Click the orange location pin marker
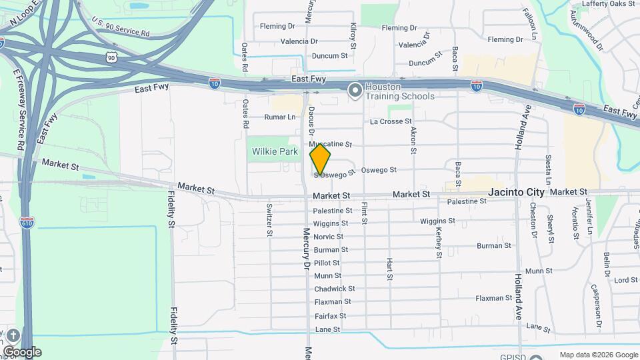321,160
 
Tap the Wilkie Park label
275,151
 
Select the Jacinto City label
517,192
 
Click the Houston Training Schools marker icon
355,89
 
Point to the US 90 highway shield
111,58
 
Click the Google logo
22,352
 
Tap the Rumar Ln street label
279,117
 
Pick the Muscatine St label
330,144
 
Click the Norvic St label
328,237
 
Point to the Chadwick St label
334,289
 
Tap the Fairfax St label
330,315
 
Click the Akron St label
413,140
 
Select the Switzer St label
269,219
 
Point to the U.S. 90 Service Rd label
121,28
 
